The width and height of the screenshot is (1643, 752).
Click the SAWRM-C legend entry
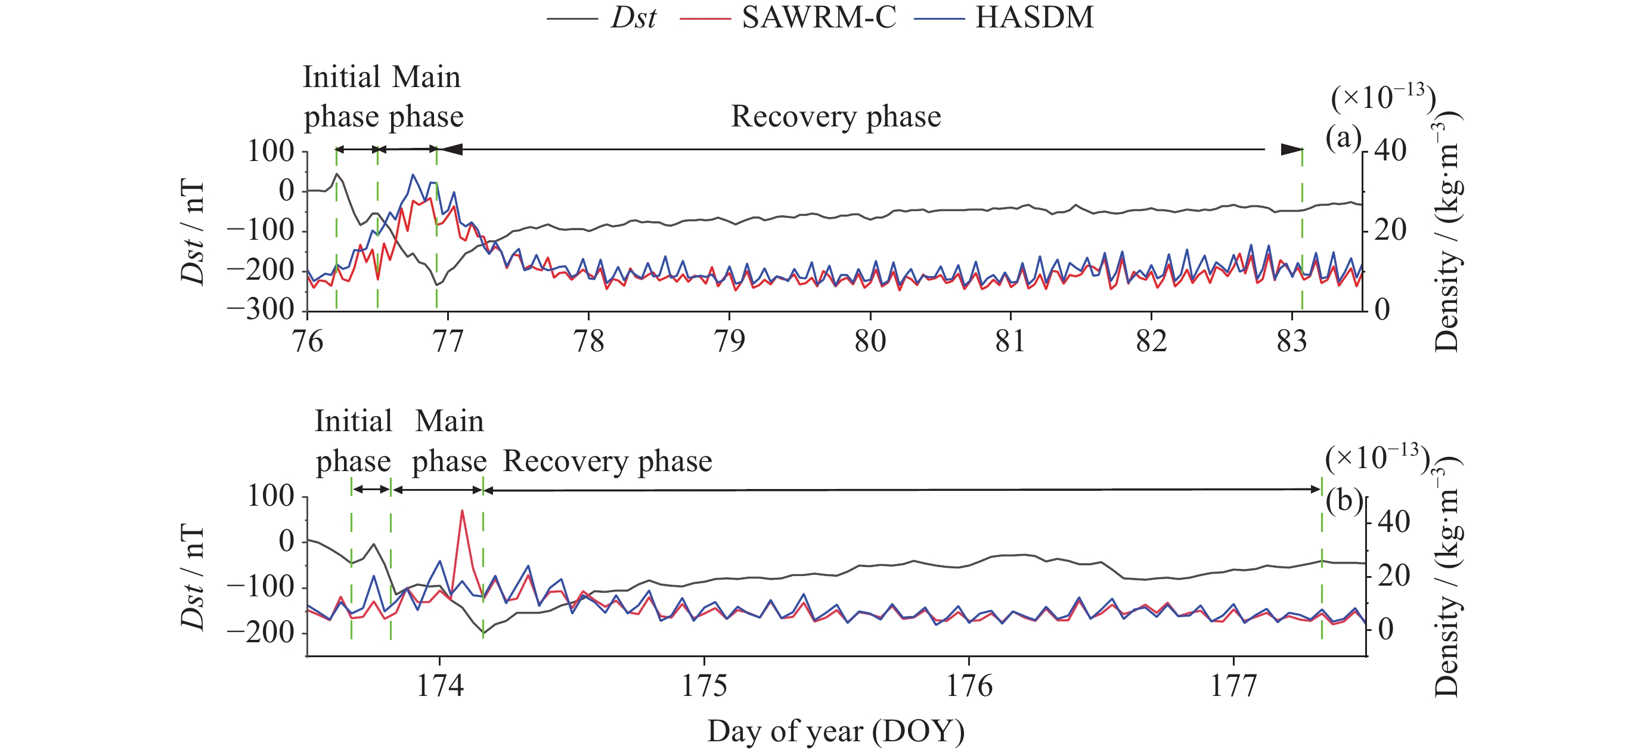tap(819, 17)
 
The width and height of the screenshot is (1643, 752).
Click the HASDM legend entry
tap(1034, 17)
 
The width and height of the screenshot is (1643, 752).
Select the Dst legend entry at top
tap(633, 17)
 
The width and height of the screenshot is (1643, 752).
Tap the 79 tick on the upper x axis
tap(729, 341)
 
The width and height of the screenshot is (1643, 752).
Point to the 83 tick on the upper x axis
tap(1291, 341)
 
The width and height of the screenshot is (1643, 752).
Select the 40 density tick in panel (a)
tap(1390, 151)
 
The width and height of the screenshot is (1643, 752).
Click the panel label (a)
tap(1343, 137)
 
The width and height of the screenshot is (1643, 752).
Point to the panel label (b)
tap(1344, 501)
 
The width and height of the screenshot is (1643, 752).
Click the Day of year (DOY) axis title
tap(836, 732)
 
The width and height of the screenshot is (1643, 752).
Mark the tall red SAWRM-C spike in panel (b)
tap(462, 512)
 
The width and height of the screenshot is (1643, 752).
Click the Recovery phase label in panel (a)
tap(836, 117)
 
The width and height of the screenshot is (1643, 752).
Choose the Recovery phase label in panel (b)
tap(607, 461)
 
